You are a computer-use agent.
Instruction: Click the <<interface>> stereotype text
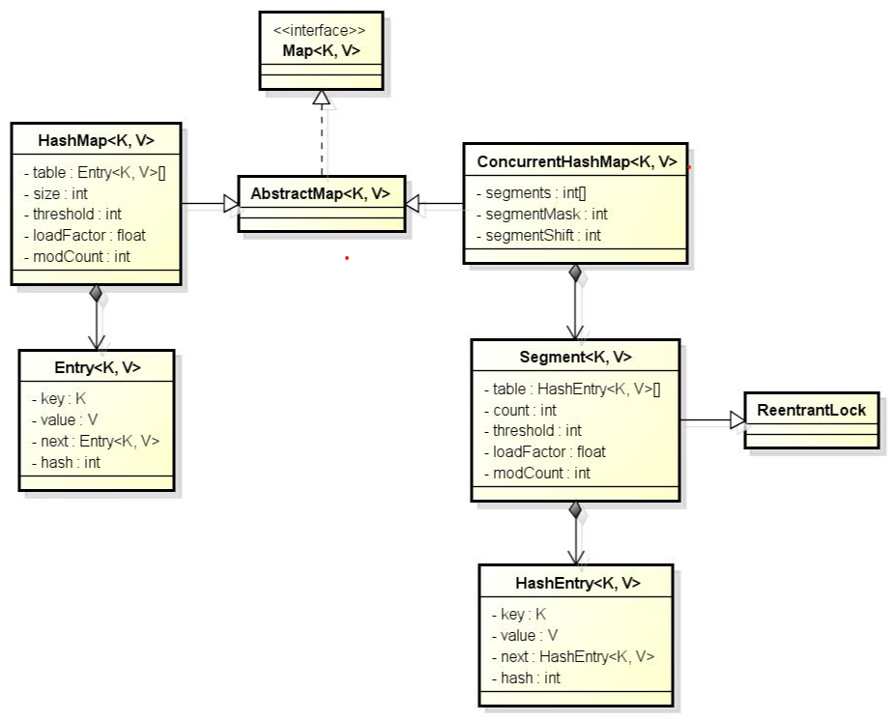[320, 30]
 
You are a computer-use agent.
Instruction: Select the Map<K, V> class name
[320, 49]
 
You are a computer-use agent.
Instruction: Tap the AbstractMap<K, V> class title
[321, 193]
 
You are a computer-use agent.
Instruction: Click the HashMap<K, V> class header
[96, 140]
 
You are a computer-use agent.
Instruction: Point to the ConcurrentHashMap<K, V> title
[576, 161]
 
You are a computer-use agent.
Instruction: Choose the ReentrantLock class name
[811, 410]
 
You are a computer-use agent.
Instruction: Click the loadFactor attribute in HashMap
[85, 235]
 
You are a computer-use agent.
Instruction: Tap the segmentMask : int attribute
[542, 214]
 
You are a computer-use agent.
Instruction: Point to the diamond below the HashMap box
[96, 293]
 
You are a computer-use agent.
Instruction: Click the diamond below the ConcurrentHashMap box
[575, 273]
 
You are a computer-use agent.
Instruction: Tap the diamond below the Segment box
[575, 509]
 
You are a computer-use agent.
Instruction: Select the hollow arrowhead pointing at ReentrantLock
[736, 419]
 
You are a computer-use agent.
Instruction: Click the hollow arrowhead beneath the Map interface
[321, 97]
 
